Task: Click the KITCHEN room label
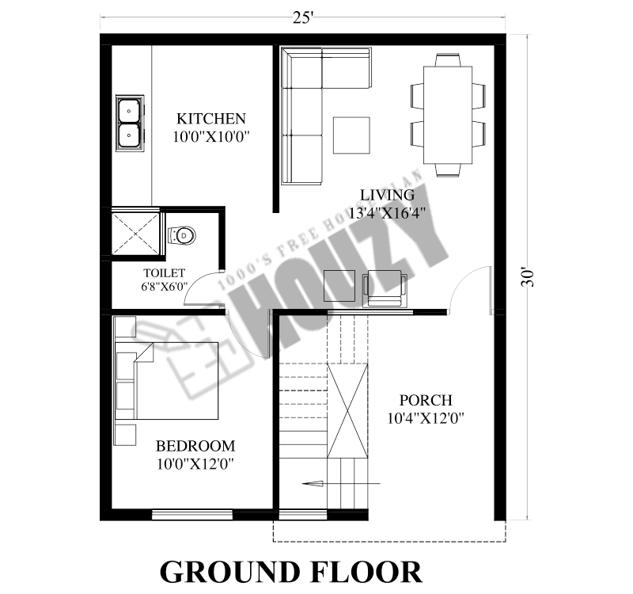(x=211, y=119)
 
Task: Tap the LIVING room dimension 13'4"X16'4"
(x=387, y=212)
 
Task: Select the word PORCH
(x=426, y=400)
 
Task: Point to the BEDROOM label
(x=195, y=446)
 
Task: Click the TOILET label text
(x=164, y=272)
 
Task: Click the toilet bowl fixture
(x=182, y=235)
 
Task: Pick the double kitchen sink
(x=130, y=124)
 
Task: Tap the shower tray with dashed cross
(x=136, y=233)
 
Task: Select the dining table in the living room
(x=448, y=115)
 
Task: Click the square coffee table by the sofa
(x=351, y=135)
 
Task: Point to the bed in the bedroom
(x=167, y=381)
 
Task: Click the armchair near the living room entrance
(x=385, y=288)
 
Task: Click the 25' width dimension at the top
(x=303, y=17)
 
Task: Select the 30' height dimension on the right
(x=527, y=276)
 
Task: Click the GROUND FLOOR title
(x=291, y=571)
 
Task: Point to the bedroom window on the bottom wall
(x=192, y=515)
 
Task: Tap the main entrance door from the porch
(x=471, y=288)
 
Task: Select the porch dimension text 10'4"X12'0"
(x=426, y=418)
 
